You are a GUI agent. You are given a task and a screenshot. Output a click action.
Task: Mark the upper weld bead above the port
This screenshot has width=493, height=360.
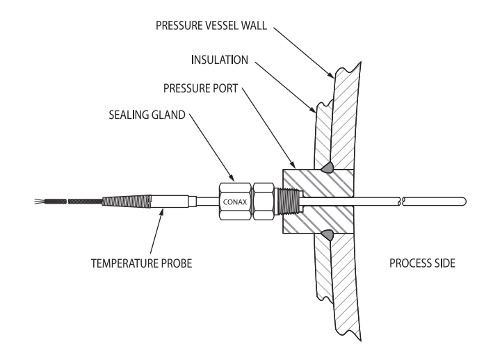tap(326, 167)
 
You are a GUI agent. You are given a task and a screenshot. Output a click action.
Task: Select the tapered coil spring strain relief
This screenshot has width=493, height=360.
tap(124, 202)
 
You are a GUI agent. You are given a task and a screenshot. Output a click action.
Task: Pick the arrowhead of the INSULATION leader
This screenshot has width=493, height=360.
tap(316, 111)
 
